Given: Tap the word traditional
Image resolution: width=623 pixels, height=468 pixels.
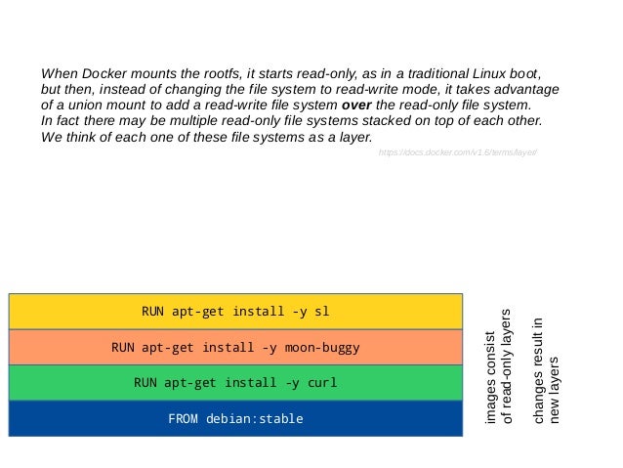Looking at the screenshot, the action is [x=415, y=73].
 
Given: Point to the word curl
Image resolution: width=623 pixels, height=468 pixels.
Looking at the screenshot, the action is [x=321, y=383].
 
